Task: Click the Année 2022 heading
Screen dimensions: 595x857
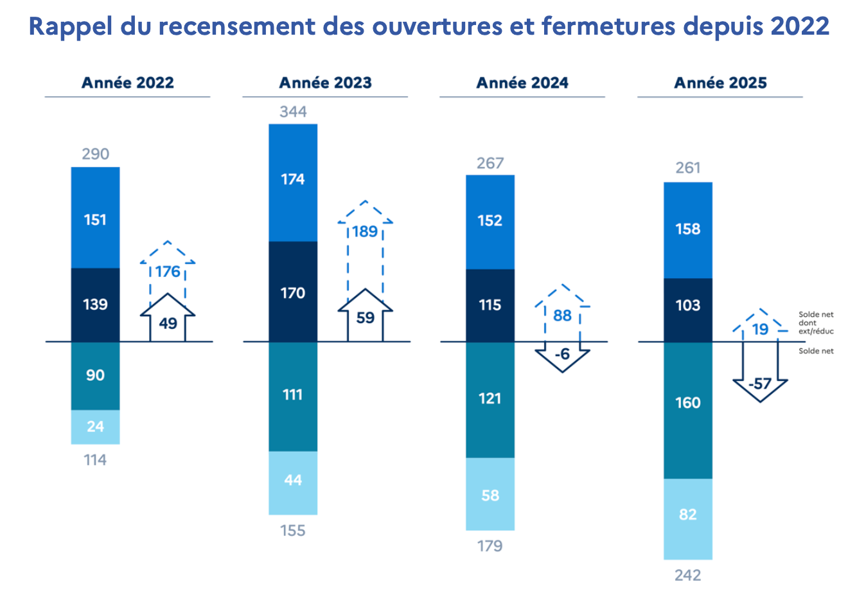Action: click(127, 83)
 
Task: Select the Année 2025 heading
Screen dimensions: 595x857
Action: click(720, 83)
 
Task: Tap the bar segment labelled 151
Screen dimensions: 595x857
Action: click(95, 219)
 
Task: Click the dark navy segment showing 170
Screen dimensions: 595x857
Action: click(293, 293)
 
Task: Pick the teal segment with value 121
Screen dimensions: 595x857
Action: click(490, 399)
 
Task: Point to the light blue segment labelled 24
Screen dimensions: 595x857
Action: click(95, 427)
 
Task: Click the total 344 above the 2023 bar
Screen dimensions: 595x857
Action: click(293, 112)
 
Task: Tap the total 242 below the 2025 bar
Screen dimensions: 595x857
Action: click(687, 575)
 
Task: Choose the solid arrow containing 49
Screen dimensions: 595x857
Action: click(168, 323)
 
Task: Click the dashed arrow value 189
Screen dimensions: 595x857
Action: click(365, 231)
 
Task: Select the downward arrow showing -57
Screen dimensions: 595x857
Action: click(760, 384)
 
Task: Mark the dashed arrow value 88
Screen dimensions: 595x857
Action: click(562, 315)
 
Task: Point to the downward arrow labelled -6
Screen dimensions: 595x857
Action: click(562, 355)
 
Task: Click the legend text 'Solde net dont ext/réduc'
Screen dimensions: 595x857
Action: click(815, 323)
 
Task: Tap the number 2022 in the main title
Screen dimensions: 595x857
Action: click(800, 26)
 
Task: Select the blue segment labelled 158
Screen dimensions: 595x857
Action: click(687, 229)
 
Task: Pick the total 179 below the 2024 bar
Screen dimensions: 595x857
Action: click(490, 546)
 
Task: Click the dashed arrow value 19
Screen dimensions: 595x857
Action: click(760, 330)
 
